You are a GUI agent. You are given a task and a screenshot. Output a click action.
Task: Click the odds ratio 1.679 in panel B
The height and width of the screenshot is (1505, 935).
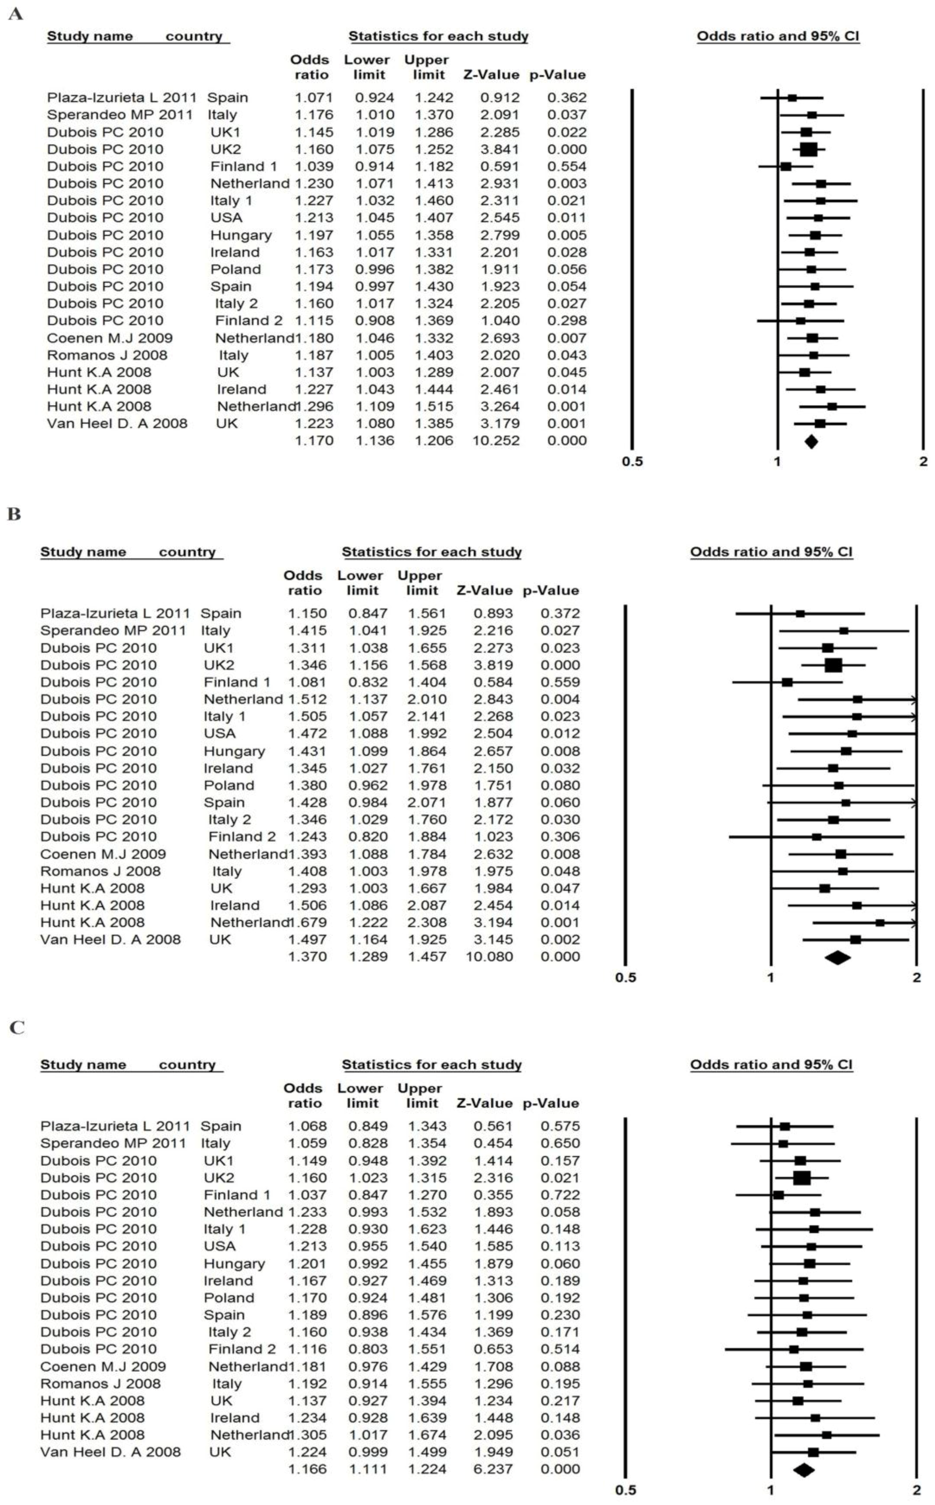click(x=307, y=922)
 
